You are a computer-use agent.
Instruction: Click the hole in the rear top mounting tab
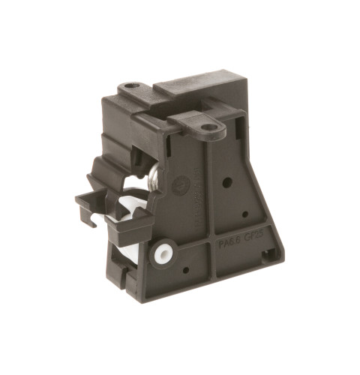[134, 87]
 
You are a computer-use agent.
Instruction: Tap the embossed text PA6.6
[229, 243]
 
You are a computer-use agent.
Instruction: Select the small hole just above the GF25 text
[244, 214]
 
